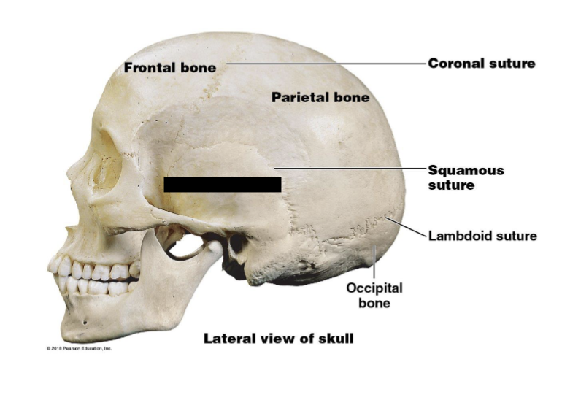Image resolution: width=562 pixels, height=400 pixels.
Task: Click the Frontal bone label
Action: (169, 67)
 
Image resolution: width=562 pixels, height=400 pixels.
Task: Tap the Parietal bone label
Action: (320, 96)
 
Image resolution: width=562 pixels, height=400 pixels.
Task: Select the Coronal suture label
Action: (481, 64)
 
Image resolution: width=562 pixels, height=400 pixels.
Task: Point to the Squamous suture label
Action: (465, 177)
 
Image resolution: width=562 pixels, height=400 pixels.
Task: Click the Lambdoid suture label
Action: (482, 236)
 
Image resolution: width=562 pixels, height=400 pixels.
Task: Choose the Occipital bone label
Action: (374, 295)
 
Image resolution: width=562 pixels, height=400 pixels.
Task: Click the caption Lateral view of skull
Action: (278, 339)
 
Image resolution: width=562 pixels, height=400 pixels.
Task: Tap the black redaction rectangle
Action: (222, 184)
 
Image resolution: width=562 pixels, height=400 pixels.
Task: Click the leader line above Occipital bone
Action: (374, 264)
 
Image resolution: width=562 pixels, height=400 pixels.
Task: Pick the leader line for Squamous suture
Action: (350, 169)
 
